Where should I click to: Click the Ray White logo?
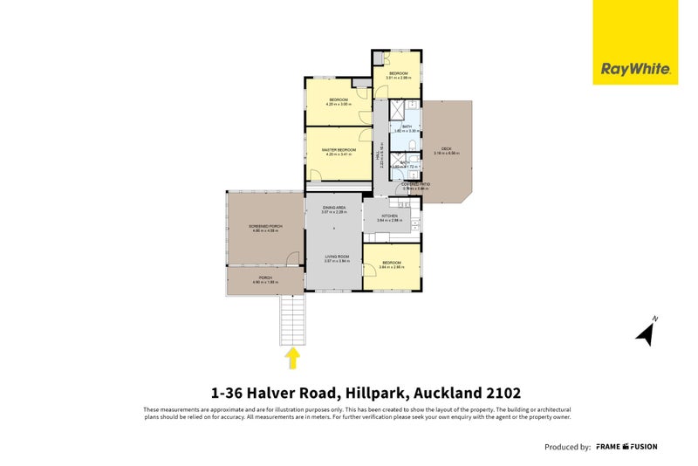coord(635,69)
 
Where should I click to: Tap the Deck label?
coord(446,151)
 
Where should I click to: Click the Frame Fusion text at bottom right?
coord(626,447)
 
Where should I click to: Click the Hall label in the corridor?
coord(380,155)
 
